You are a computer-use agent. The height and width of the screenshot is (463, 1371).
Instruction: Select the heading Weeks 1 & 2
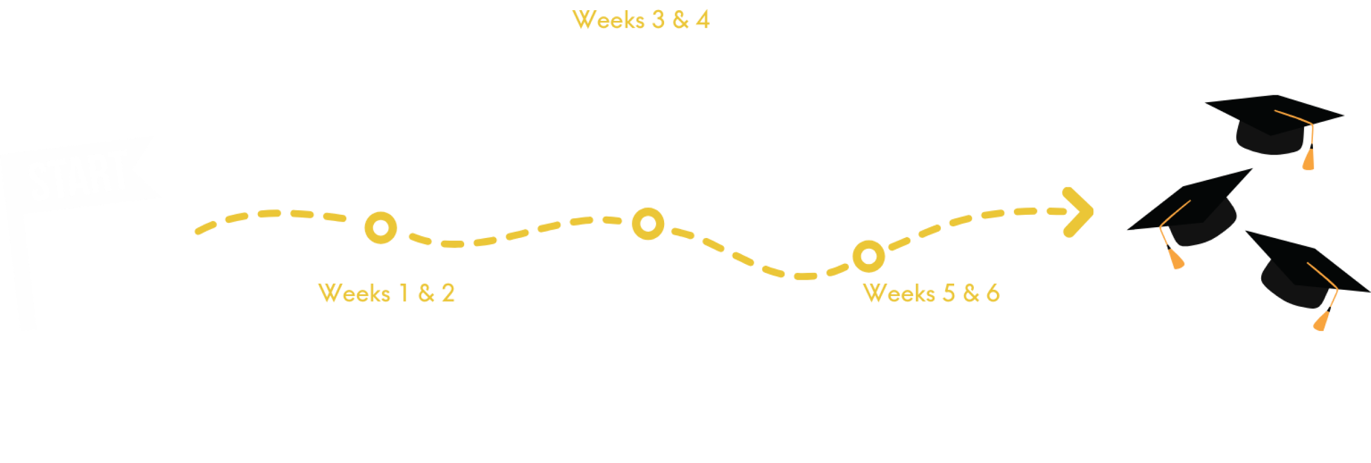(386, 293)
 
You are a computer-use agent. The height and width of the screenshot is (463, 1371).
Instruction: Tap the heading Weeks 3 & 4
(641, 20)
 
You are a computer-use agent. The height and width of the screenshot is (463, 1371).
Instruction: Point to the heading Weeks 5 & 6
(931, 293)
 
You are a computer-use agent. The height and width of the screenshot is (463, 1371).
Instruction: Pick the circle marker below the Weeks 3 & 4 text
(648, 223)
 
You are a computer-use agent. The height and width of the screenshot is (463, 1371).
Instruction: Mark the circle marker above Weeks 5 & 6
(869, 256)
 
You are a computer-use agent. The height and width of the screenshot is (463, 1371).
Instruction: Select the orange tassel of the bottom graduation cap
(1321, 321)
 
